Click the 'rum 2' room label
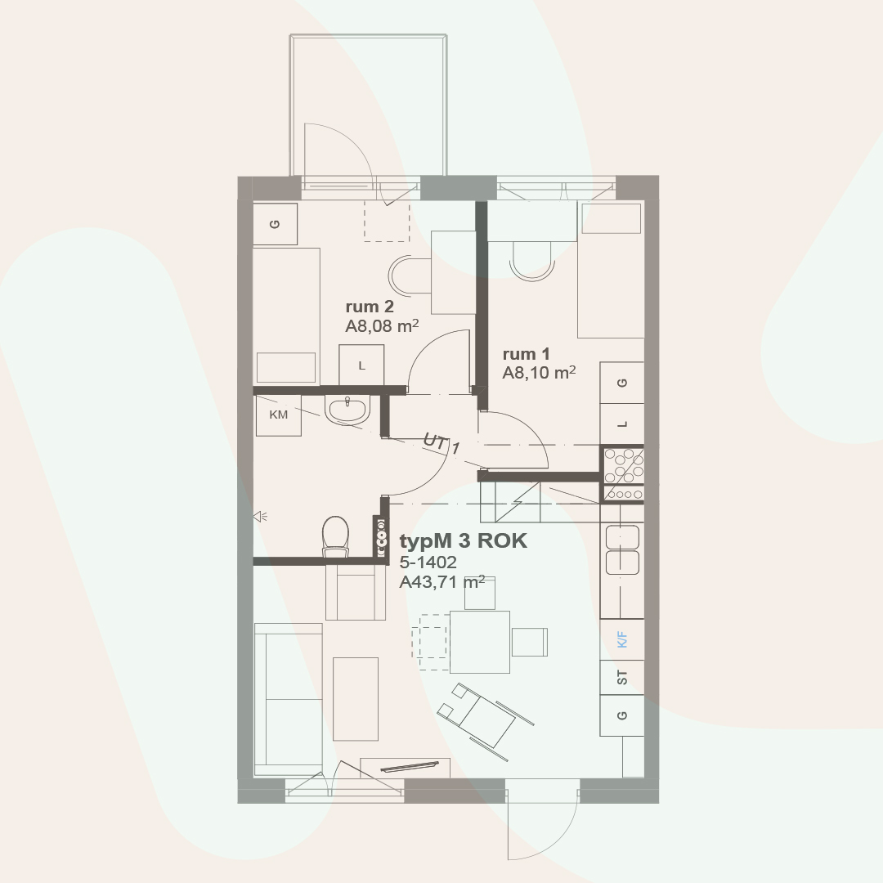pyautogui.click(x=370, y=307)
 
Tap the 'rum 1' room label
pyautogui.click(x=526, y=354)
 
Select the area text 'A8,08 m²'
pyautogui.click(x=382, y=325)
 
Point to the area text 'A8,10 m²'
pyautogui.click(x=539, y=372)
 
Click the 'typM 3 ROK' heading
pyautogui.click(x=464, y=541)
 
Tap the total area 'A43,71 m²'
pyautogui.click(x=442, y=582)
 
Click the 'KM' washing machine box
pyautogui.click(x=279, y=415)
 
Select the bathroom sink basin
pyautogui.click(x=347, y=410)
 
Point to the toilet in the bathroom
pyautogui.click(x=336, y=536)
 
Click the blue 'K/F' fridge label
pyautogui.click(x=622, y=639)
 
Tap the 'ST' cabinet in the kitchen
pyautogui.click(x=622, y=678)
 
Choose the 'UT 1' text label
pyautogui.click(x=441, y=443)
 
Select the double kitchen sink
pyautogui.click(x=622, y=549)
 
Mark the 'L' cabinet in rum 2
pyautogui.click(x=361, y=365)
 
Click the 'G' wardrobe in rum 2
pyautogui.click(x=275, y=224)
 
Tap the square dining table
pyautogui.click(x=480, y=642)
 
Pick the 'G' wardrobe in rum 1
pyautogui.click(x=622, y=383)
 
